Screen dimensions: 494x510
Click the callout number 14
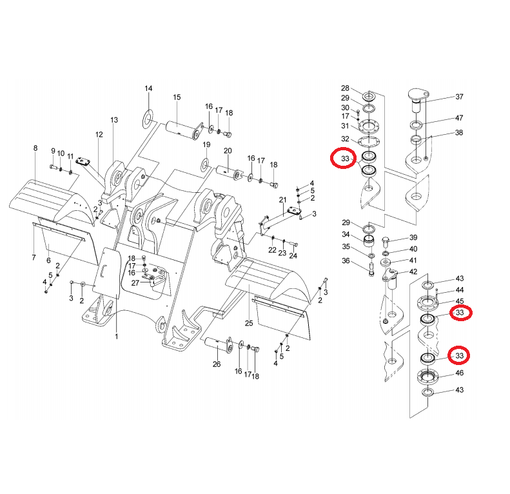click(x=148, y=88)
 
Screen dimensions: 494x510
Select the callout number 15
click(x=176, y=97)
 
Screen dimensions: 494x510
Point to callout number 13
click(x=114, y=121)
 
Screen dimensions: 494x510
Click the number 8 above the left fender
click(x=35, y=148)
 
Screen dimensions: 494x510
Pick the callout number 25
click(x=249, y=322)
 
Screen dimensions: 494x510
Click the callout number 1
click(x=116, y=336)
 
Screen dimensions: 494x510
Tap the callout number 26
click(x=217, y=364)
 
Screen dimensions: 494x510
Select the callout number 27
click(x=135, y=282)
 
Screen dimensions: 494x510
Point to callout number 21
click(x=282, y=200)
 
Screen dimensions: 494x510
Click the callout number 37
click(x=459, y=97)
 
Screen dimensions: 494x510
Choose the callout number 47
click(x=459, y=118)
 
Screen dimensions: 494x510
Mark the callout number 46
click(x=459, y=373)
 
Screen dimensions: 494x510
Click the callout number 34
click(x=346, y=234)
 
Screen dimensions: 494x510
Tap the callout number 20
click(x=227, y=150)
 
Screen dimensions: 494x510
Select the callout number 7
click(x=33, y=258)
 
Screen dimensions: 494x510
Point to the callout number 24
click(x=293, y=255)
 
